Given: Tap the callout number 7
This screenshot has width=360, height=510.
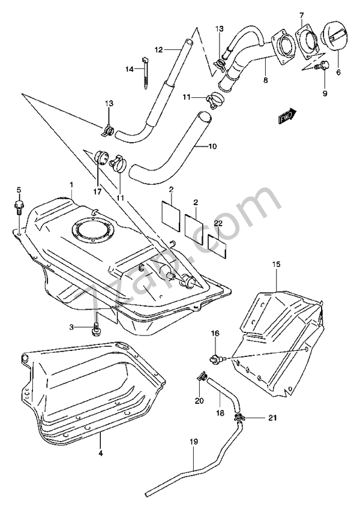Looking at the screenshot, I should (302, 13).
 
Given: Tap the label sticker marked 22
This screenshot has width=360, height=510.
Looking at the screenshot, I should (217, 245).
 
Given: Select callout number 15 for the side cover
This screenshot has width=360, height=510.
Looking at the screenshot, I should (277, 264).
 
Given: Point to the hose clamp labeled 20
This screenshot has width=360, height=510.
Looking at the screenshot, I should (201, 377).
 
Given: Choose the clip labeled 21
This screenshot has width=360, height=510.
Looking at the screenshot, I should (241, 418).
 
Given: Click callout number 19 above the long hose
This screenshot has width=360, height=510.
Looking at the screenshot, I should (193, 443).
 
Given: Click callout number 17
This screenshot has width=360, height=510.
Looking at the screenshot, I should (97, 192).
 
